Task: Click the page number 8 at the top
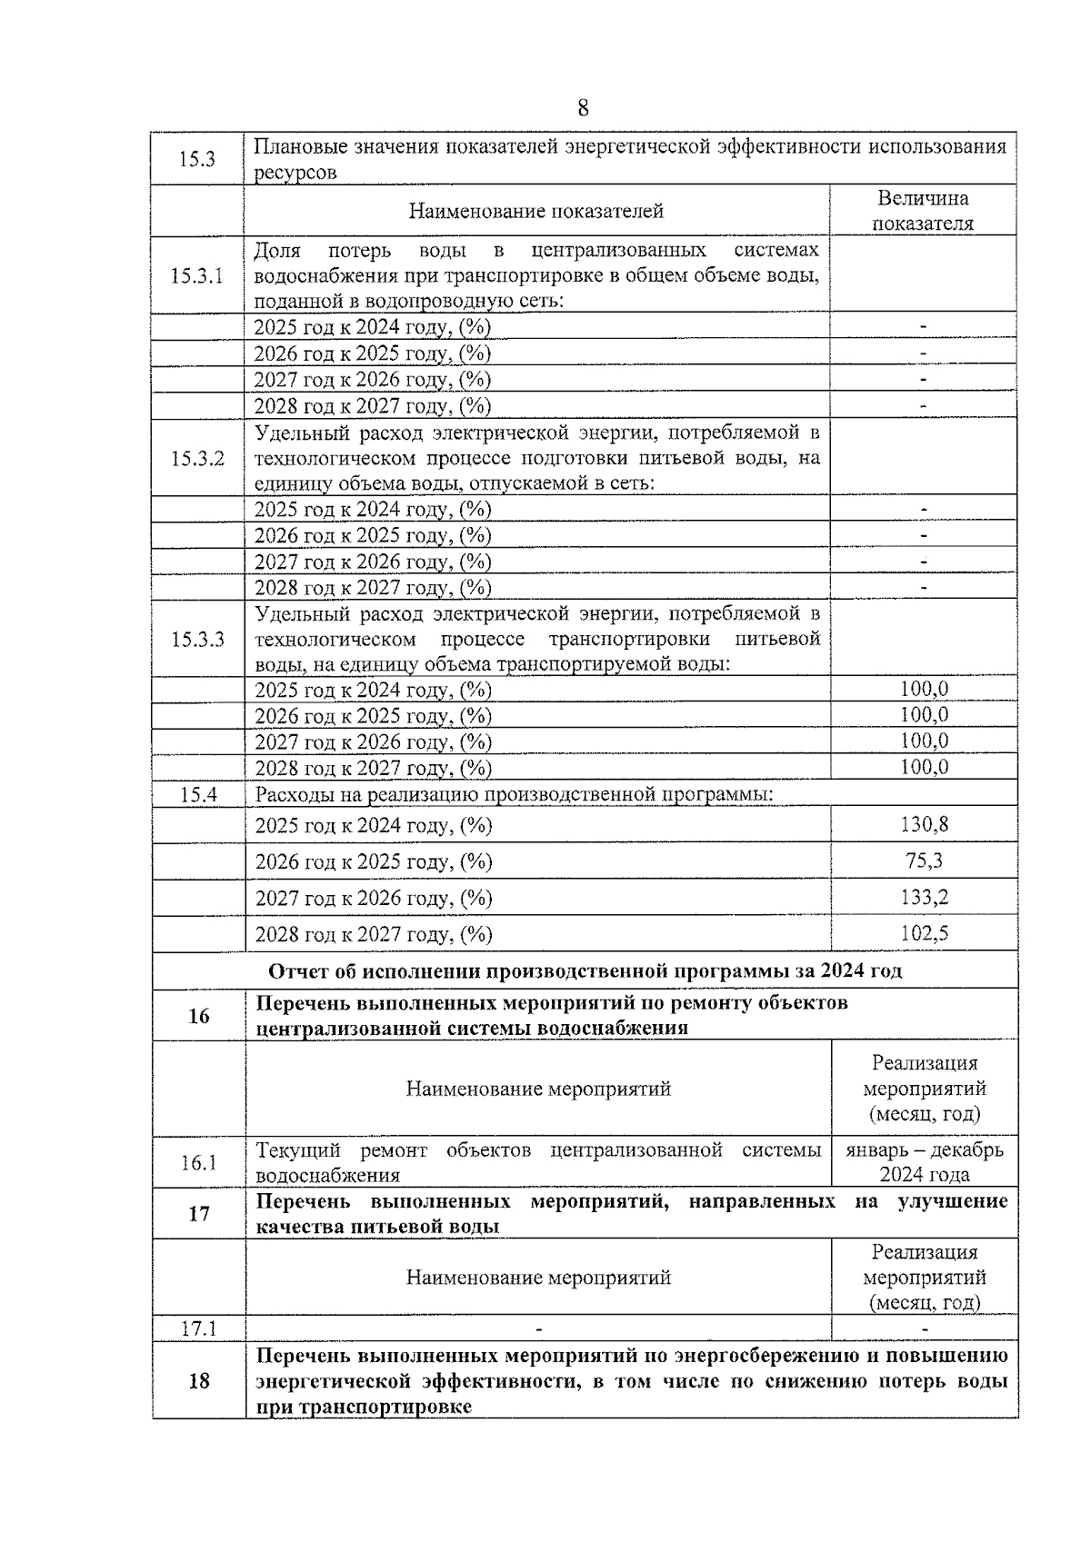point(583,109)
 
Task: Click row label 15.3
point(196,159)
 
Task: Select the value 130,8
point(924,824)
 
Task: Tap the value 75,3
point(924,861)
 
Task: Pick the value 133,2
point(924,897)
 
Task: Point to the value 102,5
point(924,933)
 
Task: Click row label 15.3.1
point(197,275)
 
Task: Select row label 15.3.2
point(197,458)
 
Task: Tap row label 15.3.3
point(197,639)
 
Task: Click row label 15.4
point(198,794)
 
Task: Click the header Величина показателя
point(923,211)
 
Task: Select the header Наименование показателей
point(536,212)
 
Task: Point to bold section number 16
point(198,1015)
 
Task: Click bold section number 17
point(198,1214)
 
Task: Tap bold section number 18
point(198,1381)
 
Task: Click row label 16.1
point(197,1162)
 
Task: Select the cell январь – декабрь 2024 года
point(924,1162)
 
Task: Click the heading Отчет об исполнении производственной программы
point(585,970)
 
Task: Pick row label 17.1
point(197,1328)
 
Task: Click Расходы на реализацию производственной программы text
point(514,794)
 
